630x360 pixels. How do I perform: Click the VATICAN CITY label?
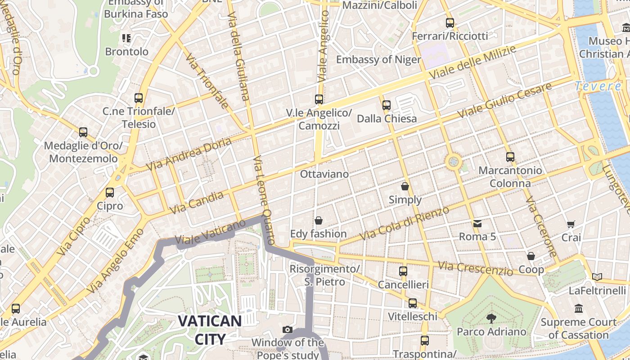(210, 329)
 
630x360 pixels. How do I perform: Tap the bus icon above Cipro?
(110, 193)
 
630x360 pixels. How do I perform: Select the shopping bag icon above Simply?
(405, 186)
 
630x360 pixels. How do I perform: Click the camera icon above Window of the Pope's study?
(288, 330)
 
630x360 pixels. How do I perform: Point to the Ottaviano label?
(324, 174)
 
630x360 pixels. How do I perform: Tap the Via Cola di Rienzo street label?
(405, 223)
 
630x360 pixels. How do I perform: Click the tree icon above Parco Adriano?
(491, 319)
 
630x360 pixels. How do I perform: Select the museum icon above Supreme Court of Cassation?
(579, 309)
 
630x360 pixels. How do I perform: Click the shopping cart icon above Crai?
(571, 224)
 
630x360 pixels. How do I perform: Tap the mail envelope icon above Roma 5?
(477, 223)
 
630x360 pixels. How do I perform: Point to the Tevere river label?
(598, 85)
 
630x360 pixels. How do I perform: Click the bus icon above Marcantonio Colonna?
(510, 157)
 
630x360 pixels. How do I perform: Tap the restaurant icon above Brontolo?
(126, 38)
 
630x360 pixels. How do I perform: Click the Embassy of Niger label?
(378, 59)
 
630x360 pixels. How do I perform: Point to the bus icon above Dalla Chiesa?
(387, 105)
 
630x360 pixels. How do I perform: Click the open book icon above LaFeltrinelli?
(597, 277)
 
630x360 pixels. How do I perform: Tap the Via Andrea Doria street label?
(189, 154)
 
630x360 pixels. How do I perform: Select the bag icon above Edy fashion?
(319, 220)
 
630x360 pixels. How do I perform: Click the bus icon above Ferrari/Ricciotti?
(450, 23)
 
